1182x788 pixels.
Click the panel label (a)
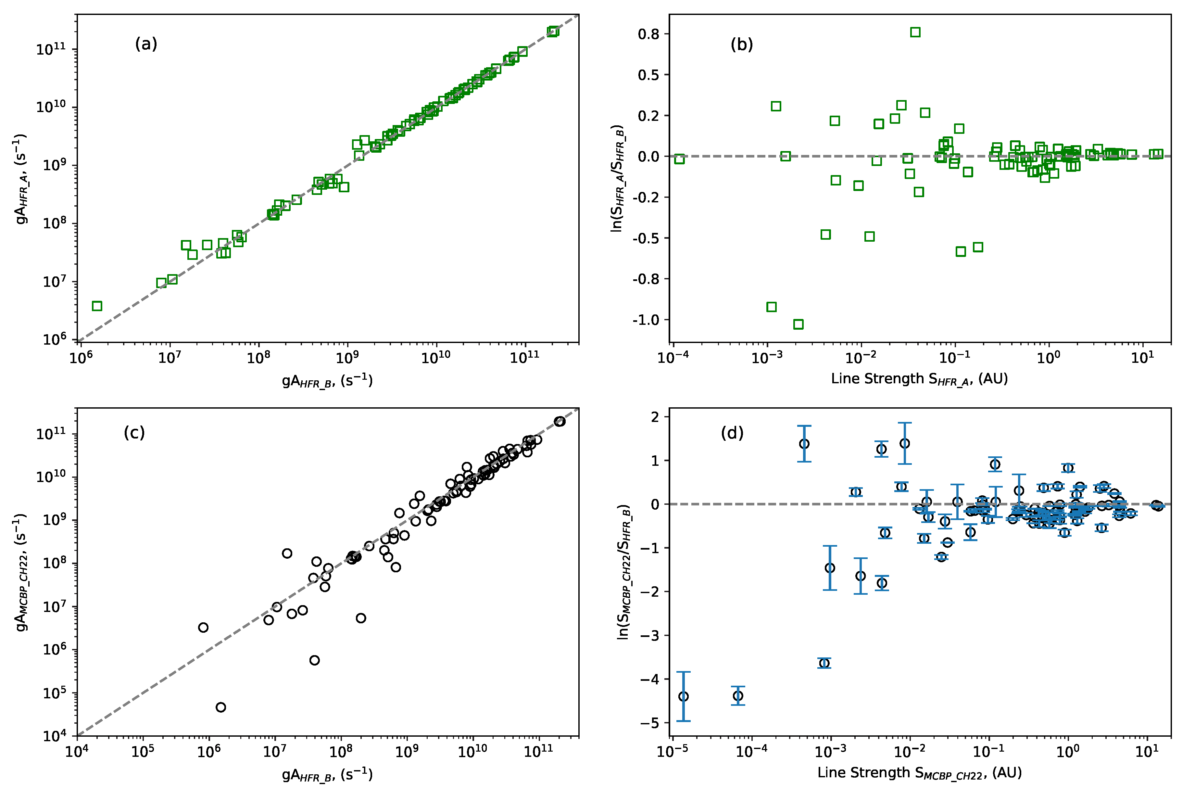tap(146, 44)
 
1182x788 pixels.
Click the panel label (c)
tap(134, 432)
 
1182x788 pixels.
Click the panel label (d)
tap(732, 432)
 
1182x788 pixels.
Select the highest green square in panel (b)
tap(915, 32)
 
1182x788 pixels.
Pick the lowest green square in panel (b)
tap(798, 324)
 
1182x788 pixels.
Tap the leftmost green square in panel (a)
tap(97, 306)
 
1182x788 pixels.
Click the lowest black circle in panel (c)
tap(220, 707)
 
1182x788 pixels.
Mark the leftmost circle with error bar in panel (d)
tap(683, 696)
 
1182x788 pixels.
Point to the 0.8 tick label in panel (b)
tap(648, 34)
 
